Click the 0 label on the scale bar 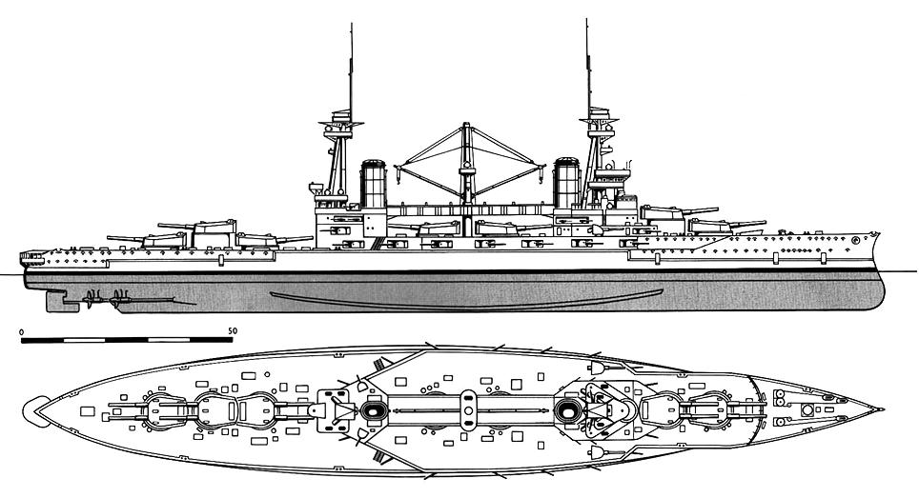tap(22, 331)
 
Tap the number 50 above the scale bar tap(233, 331)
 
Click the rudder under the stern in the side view tap(55, 300)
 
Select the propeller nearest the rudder tap(90, 299)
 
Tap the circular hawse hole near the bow tap(855, 239)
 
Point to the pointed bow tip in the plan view tap(882, 409)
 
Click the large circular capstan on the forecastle tap(807, 409)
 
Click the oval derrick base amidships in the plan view tap(467, 410)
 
